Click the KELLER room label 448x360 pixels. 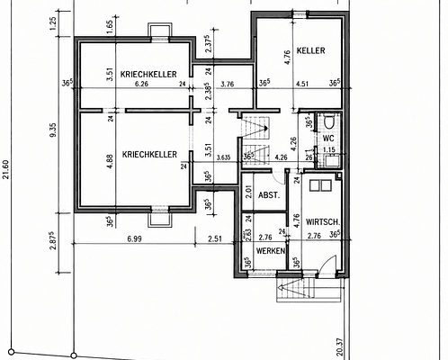[310, 50]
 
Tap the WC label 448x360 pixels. [328, 139]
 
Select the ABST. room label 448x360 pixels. [269, 195]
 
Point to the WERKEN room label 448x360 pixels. [271, 251]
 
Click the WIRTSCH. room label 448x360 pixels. [323, 222]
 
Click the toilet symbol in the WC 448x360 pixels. [328, 121]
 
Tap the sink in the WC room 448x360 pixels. [332, 161]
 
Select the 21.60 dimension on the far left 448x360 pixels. [6, 169]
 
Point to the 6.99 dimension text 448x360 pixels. [134, 238]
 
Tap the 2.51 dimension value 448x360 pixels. [215, 238]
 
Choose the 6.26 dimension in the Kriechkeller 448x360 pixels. [141, 84]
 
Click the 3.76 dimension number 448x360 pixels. [227, 84]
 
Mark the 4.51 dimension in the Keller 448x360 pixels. [302, 84]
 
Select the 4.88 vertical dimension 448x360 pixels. [110, 161]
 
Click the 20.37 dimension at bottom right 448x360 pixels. [340, 347]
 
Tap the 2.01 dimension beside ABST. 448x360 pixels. [248, 192]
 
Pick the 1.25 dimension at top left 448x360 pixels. [52, 23]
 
